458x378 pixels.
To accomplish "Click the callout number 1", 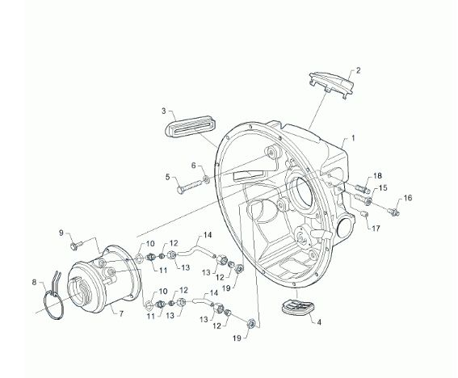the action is pos(353,138).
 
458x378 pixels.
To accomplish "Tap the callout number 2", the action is pos(358,70).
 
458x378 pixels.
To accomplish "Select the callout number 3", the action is pos(163,111).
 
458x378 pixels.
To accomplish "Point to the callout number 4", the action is pos(319,322).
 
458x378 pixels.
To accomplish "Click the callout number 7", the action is pos(121,313).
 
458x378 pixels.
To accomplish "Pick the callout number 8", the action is pos(35,282).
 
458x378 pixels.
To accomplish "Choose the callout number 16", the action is pos(408,198).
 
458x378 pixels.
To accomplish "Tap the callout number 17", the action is pos(376,228).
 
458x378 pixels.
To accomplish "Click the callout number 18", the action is pos(377,176).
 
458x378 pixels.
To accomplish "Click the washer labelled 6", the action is pos(207,178).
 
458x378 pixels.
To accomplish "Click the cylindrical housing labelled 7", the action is pos(103,278).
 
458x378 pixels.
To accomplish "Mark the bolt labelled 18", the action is pos(362,188).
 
